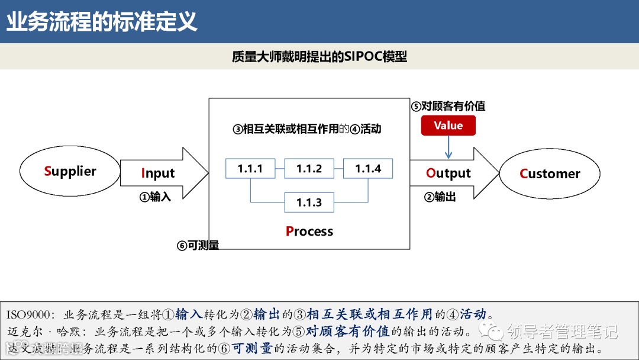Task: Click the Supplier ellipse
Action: [x=70, y=171]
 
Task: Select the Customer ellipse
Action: [x=550, y=173]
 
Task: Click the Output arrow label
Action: [x=448, y=173]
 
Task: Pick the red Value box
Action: [x=448, y=126]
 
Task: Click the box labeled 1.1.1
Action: [x=250, y=169]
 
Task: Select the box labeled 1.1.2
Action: [x=309, y=169]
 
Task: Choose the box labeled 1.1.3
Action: [x=309, y=202]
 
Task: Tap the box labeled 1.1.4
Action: [x=368, y=169]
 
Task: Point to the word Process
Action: [x=309, y=232]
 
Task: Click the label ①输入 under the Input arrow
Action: [x=155, y=197]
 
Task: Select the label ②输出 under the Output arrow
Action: [x=440, y=197]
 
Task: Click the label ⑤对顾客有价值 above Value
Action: [x=448, y=107]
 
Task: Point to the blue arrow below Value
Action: [x=448, y=147]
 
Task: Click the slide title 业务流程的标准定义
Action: [x=102, y=22]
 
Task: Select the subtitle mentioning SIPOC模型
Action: [x=319, y=57]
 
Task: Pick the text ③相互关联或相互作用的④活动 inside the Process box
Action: [x=307, y=128]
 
